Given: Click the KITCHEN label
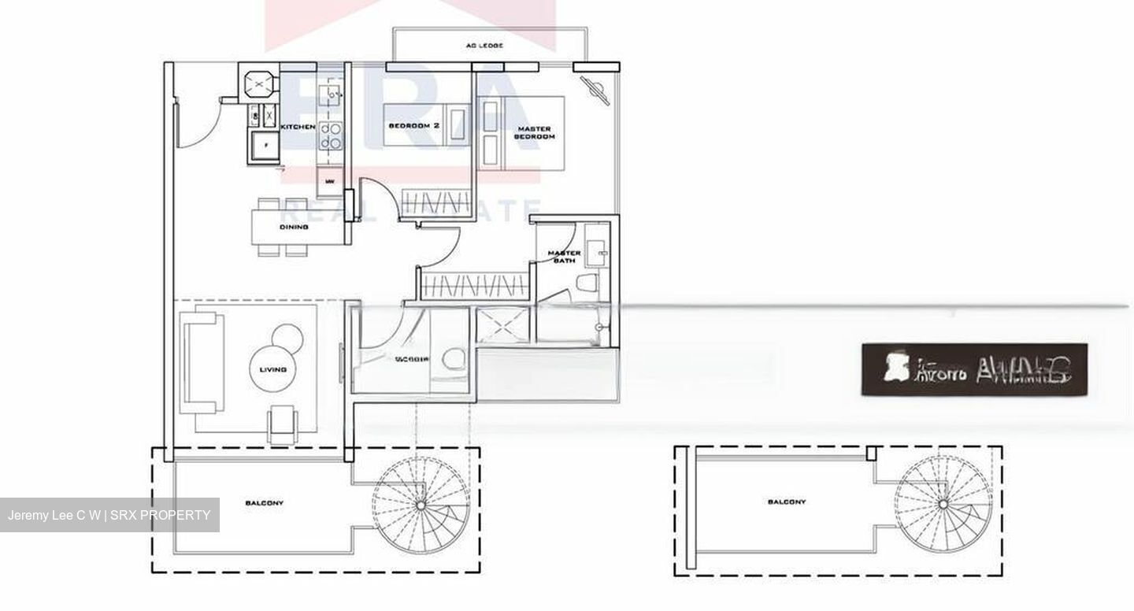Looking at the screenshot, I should click(x=298, y=127).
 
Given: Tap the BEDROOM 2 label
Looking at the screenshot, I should click(x=413, y=126).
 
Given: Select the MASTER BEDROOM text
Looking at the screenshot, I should click(x=534, y=132).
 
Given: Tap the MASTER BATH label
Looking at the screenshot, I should click(x=565, y=257).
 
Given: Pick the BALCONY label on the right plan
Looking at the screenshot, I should click(x=786, y=502).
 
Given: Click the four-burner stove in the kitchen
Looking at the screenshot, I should click(x=330, y=135).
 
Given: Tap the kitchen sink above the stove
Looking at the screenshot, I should click(x=330, y=97).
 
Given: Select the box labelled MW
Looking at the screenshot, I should click(x=329, y=182).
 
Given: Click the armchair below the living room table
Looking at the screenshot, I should click(x=283, y=425).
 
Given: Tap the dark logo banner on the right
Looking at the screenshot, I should click(x=974, y=368).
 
